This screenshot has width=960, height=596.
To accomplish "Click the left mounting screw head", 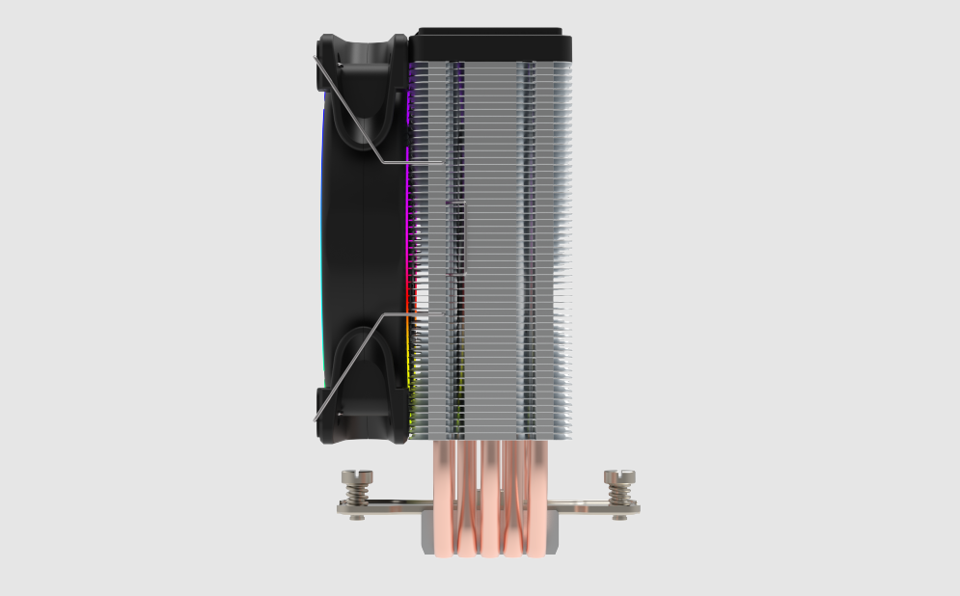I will [357, 476].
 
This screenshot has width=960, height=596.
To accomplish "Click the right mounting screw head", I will [618, 476].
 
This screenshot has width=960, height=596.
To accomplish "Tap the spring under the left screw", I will [357, 493].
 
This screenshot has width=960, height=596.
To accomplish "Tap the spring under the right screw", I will [618, 493].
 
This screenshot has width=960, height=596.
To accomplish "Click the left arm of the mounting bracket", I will [386, 506].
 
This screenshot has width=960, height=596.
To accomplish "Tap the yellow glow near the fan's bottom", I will [413, 386].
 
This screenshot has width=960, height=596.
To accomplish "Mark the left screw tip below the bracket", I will [357, 518].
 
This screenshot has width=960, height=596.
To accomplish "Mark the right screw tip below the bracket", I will [618, 518].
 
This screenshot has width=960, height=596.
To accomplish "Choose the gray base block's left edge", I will [425, 540].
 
